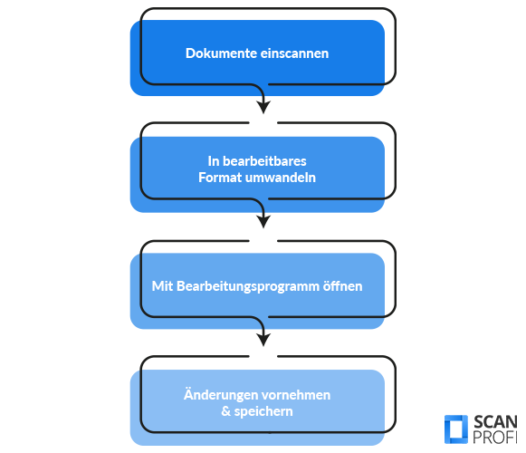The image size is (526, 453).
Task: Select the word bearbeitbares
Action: click(264, 161)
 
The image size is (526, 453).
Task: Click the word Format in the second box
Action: click(220, 178)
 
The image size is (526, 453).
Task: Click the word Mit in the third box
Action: click(162, 286)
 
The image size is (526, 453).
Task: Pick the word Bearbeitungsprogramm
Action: click(248, 286)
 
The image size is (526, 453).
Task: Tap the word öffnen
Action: click(342, 286)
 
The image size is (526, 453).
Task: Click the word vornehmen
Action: click(293, 395)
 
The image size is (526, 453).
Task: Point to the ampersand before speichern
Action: click(226, 411)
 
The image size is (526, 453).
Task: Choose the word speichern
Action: click(263, 411)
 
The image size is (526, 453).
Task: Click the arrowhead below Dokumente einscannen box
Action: click(263, 106)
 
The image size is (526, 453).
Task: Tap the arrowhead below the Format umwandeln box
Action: click(263, 221)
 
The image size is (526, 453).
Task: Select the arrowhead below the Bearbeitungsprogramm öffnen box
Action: click(263, 339)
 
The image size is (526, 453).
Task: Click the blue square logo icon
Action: click(456, 429)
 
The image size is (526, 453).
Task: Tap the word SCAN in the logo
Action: click(495, 421)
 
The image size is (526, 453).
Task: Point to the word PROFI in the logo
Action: click(495, 437)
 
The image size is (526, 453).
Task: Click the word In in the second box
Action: click(214, 161)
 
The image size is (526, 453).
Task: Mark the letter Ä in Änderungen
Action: click(189, 394)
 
